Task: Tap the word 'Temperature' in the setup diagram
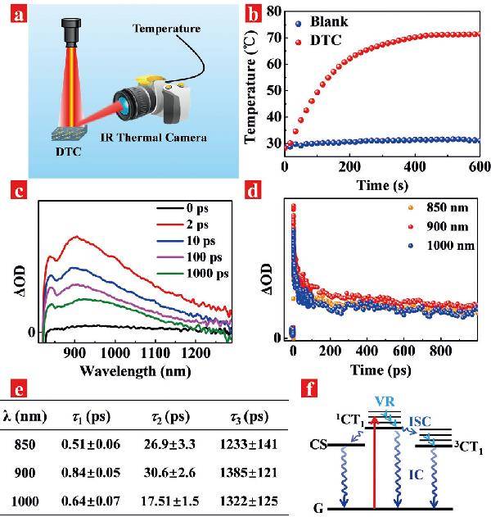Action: [166, 29]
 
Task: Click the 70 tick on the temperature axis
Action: [274, 38]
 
